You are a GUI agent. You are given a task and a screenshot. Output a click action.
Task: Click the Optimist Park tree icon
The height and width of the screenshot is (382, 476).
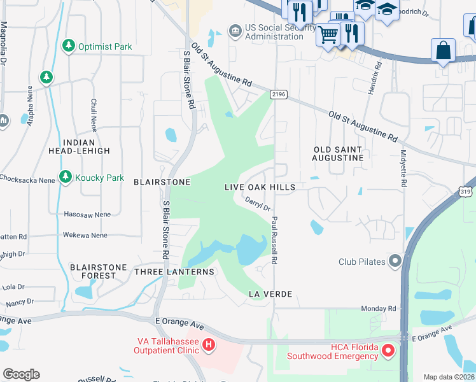pos(69,46)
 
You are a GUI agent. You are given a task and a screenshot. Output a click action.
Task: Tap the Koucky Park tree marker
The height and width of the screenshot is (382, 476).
pos(65,177)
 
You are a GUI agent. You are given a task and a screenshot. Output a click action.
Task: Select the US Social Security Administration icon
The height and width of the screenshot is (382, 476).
pos(235,30)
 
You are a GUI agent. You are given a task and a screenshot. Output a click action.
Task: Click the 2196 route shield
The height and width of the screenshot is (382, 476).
pos(278,95)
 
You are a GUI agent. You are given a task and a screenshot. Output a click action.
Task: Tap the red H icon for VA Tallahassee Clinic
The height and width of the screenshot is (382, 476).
pos(208,346)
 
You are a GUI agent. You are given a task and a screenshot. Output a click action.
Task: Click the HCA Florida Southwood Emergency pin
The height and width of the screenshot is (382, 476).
pos(386,350)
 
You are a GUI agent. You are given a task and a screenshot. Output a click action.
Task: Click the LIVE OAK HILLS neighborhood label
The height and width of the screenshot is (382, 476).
pos(260,187)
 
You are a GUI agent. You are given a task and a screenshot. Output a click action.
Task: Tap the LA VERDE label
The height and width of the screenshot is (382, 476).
pos(270,294)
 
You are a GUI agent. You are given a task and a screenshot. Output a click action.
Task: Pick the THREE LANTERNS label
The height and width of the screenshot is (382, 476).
pos(174,272)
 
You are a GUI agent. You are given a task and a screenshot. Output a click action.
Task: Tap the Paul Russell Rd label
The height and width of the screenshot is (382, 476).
pos(274,240)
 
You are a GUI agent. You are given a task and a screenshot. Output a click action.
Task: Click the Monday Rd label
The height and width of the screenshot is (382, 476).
pos(378,308)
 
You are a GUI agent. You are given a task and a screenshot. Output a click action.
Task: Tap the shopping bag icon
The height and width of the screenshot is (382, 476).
pos(442,50)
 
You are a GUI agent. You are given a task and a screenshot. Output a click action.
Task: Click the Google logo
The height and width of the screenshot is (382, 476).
pos(21,374)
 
